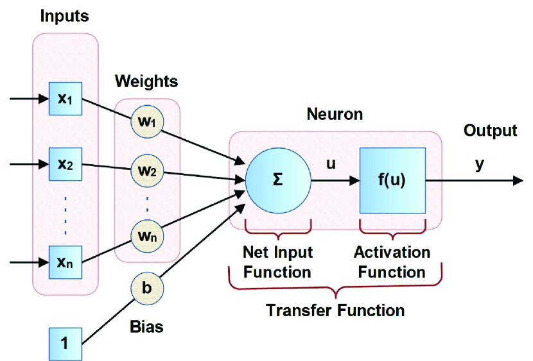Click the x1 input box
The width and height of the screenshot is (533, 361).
66,99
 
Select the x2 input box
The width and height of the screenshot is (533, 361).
66,164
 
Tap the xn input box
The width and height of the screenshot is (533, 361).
66,262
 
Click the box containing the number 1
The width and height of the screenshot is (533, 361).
66,344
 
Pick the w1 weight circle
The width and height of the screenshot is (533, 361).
147,121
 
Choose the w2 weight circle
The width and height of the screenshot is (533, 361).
147,171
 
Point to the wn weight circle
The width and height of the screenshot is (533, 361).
147,236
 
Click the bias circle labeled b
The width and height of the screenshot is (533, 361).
147,289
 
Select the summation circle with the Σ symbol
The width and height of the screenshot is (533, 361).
278,181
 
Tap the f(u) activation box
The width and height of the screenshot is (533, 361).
392,181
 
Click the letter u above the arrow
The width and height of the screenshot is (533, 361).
331,164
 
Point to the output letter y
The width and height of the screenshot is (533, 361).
479,165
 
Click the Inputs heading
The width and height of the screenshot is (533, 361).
65,16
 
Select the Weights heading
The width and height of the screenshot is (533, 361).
146,81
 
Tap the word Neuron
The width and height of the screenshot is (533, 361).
335,114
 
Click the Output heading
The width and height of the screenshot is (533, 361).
491,131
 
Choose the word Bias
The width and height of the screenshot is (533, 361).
146,327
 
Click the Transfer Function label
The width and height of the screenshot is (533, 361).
335,310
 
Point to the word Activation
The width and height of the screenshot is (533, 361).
392,253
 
